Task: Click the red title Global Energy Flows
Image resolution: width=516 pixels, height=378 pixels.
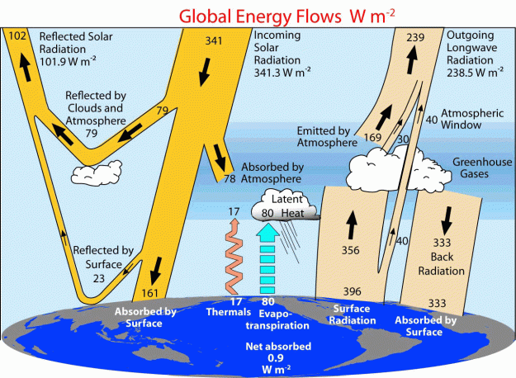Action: pos(260,17)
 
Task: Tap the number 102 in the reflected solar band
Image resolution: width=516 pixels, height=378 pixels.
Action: pos(17,35)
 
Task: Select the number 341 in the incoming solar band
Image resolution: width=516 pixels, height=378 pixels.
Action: pos(214,40)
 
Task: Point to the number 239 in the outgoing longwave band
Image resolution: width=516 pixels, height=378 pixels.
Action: pos(415,37)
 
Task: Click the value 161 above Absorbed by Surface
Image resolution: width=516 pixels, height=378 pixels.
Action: pos(149,293)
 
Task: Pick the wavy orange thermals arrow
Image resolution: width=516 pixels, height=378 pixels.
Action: pos(234,256)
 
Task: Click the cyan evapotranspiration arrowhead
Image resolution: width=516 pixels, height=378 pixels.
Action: pos(267,232)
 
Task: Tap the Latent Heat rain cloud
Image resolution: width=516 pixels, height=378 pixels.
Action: pos(285,205)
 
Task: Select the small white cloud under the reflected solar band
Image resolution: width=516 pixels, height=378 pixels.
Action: pos(97,173)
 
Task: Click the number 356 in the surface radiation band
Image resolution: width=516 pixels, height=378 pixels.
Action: pos(351,250)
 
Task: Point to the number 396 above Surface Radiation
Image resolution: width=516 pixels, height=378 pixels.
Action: pos(352,291)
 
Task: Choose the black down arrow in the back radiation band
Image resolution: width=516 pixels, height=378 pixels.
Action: pos(447,220)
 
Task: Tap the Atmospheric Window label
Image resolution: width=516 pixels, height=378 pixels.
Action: pos(472,119)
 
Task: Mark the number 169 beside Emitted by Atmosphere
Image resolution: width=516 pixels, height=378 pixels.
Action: pos(372,137)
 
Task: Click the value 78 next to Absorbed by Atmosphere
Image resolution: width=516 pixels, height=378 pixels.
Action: pos(230,178)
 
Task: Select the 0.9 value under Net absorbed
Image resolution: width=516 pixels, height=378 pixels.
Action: pos(276,357)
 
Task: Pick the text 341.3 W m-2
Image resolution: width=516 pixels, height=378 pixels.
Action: pos(282,72)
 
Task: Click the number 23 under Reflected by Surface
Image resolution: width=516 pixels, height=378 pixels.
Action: pos(99,279)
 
